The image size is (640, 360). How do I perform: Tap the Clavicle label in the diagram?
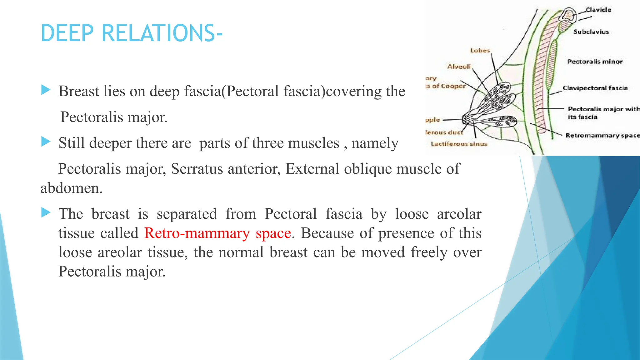coord(598,10)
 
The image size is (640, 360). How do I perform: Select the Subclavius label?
coord(591,32)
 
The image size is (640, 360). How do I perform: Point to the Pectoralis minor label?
coord(595,62)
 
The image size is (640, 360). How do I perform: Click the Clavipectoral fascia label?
coord(595,88)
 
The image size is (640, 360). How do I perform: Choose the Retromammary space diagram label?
coord(602,135)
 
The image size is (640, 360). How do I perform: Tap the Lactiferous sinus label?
coord(459,144)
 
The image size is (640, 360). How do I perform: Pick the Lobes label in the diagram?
coord(480,51)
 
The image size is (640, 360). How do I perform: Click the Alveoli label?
coord(459,67)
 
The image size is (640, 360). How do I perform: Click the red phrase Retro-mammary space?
coord(217,233)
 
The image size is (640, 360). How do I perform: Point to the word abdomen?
coord(71,188)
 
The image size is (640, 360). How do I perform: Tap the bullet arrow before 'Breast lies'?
coord(46,90)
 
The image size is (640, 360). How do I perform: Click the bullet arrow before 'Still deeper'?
coord(46,142)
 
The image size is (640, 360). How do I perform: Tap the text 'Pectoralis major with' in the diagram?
coord(603,109)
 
